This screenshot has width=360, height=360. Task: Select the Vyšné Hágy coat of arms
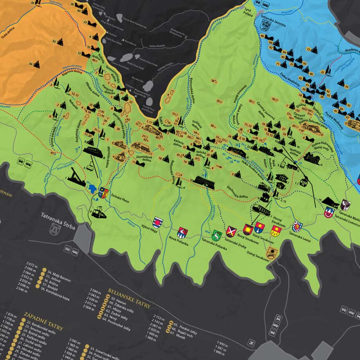pyautogui.click(x=157, y=222)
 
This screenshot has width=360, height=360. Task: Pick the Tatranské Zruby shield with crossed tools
pyautogui.click(x=231, y=231)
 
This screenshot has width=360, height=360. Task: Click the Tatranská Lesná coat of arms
pyautogui.click(x=297, y=226)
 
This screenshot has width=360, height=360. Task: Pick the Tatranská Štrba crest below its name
pyautogui.click(x=53, y=229)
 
